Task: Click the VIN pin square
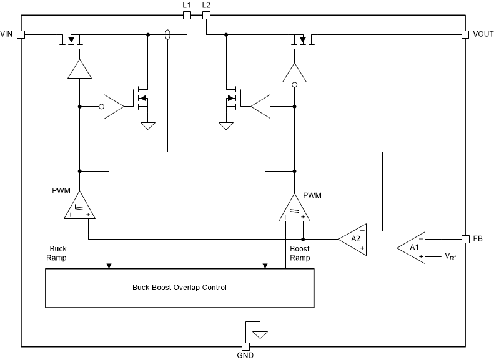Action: (21, 34)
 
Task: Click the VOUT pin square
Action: (465, 34)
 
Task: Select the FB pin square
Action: (465, 239)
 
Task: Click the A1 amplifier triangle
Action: (412, 247)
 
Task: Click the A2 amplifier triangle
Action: (353, 239)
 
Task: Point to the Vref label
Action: (450, 256)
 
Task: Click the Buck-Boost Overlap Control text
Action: (179, 288)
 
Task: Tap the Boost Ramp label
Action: (300, 253)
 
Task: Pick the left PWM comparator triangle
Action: (79, 207)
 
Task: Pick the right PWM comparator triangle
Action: (294, 207)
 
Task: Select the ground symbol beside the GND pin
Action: (260, 334)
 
